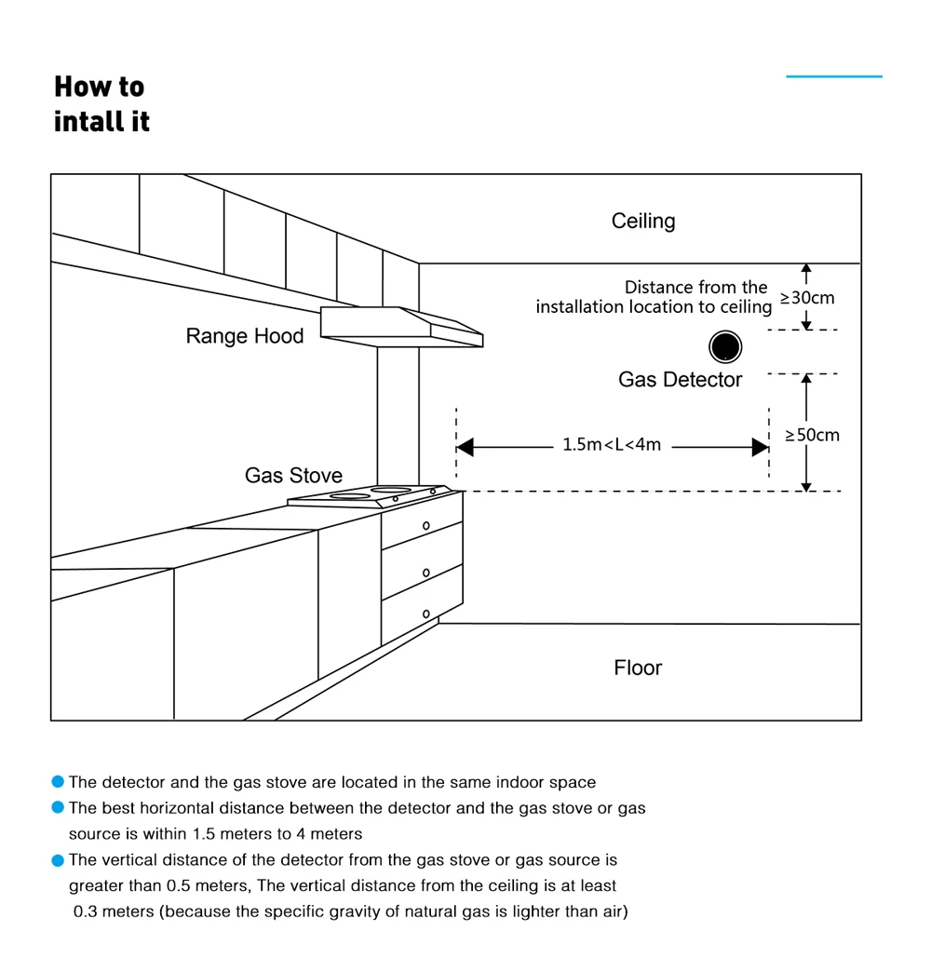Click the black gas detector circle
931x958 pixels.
[x=725, y=347]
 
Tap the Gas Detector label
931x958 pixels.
[x=680, y=380]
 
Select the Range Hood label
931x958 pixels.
[x=245, y=336]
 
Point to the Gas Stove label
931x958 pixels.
[x=293, y=476]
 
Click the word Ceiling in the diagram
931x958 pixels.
[x=643, y=222]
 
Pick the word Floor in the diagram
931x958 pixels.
[x=638, y=668]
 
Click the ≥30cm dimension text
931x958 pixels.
[x=807, y=298]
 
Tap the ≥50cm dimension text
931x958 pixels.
[x=812, y=435]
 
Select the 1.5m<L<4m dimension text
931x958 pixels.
[x=612, y=445]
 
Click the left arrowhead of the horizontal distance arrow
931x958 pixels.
[x=465, y=448]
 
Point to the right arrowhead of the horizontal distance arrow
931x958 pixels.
[x=760, y=448]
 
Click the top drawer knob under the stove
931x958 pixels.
[x=426, y=526]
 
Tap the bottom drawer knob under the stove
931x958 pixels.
[x=426, y=614]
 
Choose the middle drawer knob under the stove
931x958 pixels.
[x=426, y=573]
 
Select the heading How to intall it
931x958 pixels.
[x=101, y=103]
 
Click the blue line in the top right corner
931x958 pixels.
[x=833, y=76]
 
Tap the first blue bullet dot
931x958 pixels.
[x=59, y=782]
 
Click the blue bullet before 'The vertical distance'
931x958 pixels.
[x=59, y=859]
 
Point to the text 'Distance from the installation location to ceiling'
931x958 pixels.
[x=654, y=297]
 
